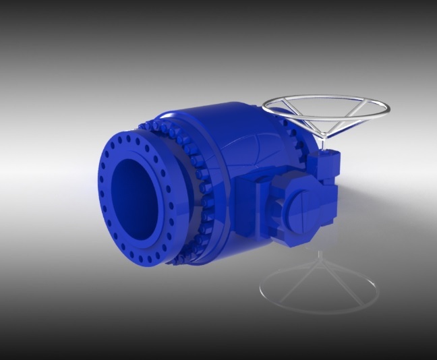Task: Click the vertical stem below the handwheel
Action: pos(323,143)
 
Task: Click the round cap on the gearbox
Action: pos(305,210)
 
